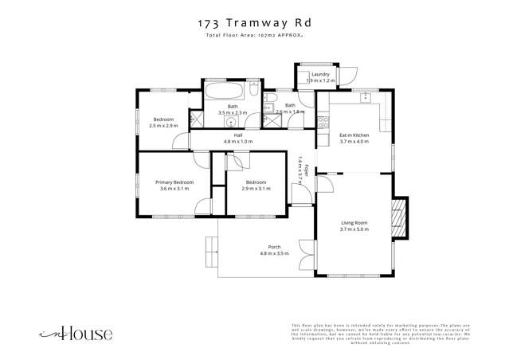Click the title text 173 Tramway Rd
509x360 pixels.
click(x=254, y=25)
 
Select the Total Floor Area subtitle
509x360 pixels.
click(x=254, y=37)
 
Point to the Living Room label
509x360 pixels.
click(x=354, y=222)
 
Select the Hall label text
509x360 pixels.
click(x=237, y=135)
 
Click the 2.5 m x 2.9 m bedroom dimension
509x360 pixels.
click(x=163, y=126)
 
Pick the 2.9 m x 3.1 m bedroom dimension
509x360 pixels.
click(x=256, y=189)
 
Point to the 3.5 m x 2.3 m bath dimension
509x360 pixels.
click(x=233, y=112)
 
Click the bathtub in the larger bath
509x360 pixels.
click(x=226, y=92)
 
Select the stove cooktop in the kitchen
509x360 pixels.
click(x=323, y=123)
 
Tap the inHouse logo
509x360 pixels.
click(x=77, y=334)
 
